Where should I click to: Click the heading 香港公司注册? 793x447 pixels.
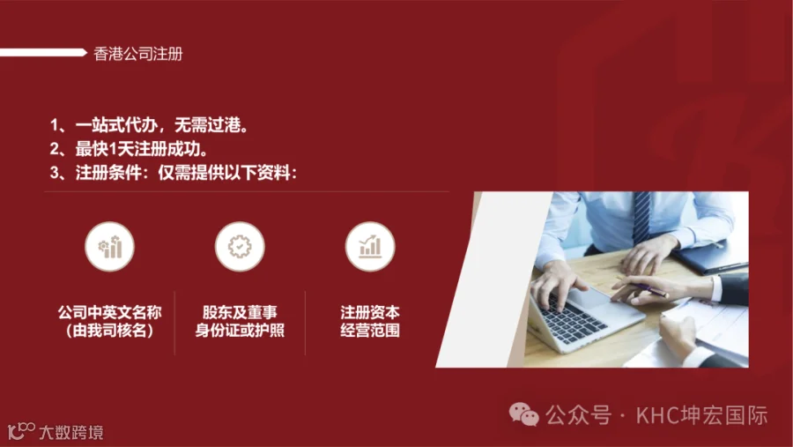pos(137,54)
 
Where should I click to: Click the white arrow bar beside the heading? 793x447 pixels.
pos(43,52)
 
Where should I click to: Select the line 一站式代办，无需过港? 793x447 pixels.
pos(149,124)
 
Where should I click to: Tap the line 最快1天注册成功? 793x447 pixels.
pos(129,149)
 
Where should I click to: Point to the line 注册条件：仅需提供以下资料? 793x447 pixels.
pos(174,173)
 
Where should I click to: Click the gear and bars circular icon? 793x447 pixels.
pos(110,247)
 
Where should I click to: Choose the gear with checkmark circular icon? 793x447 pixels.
pos(240,247)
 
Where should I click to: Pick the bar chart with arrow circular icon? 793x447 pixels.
pos(370,247)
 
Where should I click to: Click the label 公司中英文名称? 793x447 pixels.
pos(110,312)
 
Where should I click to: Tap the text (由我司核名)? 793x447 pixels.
pos(110,331)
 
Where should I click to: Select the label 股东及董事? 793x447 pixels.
pos(240,312)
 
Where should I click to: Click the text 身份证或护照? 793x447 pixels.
pos(240,331)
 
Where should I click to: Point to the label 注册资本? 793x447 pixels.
pos(370,312)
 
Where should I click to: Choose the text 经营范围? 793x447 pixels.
pos(370,331)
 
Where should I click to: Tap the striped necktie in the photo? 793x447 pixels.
pos(641,216)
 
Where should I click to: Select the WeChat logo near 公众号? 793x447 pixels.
pos(524,414)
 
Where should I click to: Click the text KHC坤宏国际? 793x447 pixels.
pos(702,415)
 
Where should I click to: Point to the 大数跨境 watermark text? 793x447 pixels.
pos(71,432)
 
